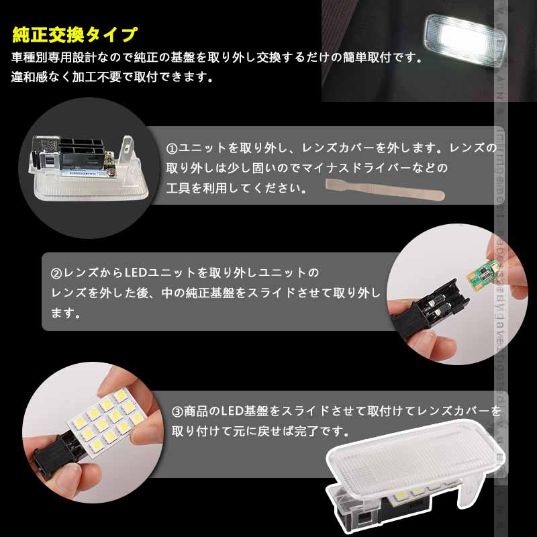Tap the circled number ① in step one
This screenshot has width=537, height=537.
point(171,147)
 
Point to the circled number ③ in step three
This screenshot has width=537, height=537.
point(178,410)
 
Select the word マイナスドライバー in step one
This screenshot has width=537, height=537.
point(371,167)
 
